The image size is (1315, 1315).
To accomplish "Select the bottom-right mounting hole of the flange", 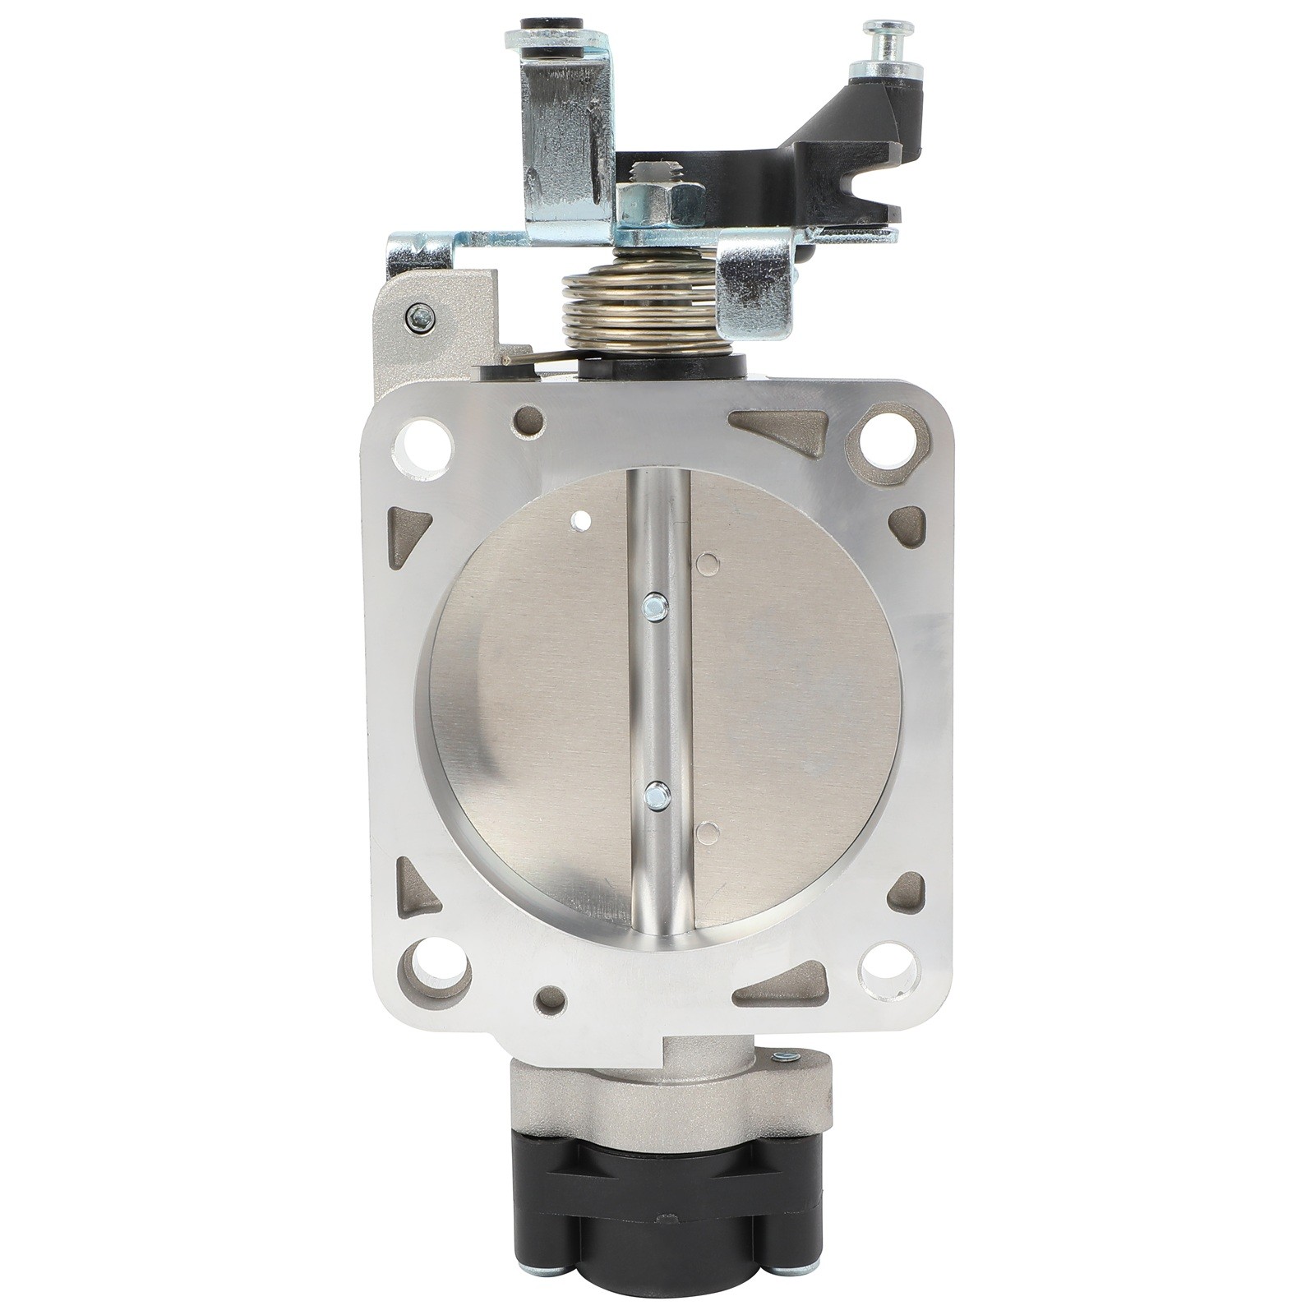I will click(x=888, y=974).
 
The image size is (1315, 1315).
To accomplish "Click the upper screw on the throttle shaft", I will click(x=655, y=607).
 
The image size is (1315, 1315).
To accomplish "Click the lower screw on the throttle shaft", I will click(x=657, y=793).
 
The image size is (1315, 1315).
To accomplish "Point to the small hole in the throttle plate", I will click(x=581, y=519).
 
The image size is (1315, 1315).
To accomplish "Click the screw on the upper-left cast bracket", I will click(x=421, y=316).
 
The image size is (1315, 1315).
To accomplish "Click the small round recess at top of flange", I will click(x=528, y=422).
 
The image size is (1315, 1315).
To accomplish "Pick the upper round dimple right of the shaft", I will click(x=707, y=564).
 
